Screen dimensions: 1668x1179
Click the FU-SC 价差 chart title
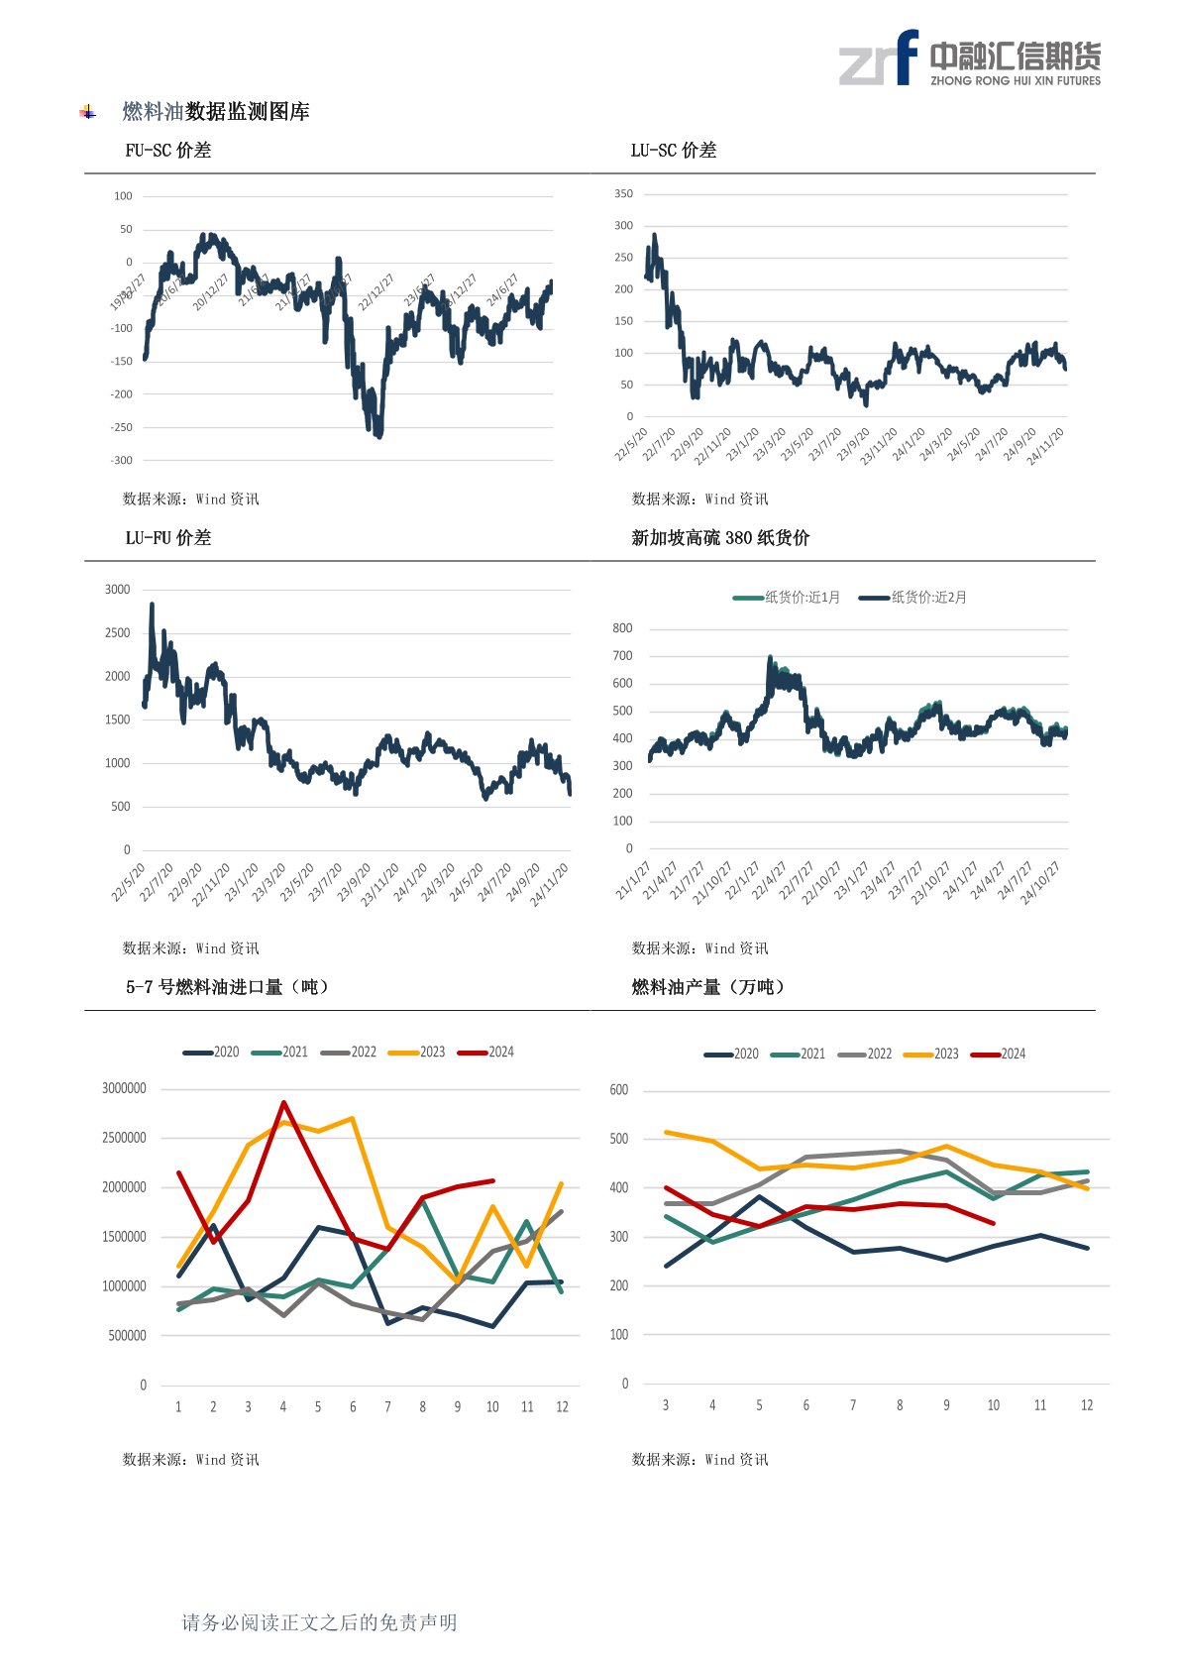[167, 151]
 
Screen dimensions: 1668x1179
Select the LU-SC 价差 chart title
[673, 151]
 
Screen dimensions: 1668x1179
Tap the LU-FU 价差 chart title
[167, 538]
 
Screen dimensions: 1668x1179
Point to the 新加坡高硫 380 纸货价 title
[720, 538]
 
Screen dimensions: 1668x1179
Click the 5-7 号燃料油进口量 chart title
[227, 987]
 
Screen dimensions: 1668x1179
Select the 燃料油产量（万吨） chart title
[708, 987]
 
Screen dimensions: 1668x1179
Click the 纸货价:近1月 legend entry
[788, 598]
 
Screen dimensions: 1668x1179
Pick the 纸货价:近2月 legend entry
[913, 598]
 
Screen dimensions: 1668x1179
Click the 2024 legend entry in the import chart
[486, 1052]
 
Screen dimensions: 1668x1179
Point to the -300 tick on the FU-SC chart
[121, 461]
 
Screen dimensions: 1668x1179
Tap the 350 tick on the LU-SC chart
[623, 194]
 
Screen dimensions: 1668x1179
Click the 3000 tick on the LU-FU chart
[117, 590]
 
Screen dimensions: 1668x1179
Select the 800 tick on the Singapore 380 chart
[622, 628]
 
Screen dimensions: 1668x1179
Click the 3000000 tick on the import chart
[124, 1088]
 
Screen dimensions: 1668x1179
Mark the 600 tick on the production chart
[619, 1090]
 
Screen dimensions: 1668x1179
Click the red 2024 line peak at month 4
[283, 1102]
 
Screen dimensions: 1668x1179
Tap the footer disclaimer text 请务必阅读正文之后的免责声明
[319, 1622]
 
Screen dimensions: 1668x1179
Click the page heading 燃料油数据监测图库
[216, 112]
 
